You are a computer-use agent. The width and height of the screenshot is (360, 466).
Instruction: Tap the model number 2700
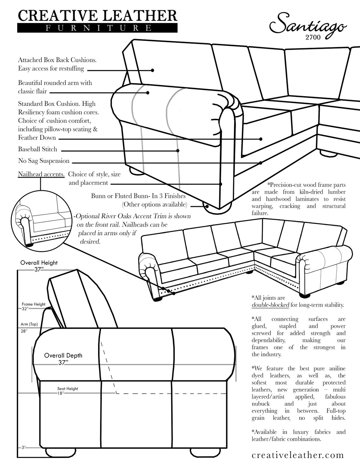pyautogui.click(x=313, y=38)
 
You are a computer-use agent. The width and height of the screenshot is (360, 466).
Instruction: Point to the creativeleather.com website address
pyautogui.click(x=298, y=455)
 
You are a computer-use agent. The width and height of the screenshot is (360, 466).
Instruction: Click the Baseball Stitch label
pyautogui.click(x=37, y=149)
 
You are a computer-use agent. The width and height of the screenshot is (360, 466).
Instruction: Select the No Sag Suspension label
pyautogui.click(x=44, y=161)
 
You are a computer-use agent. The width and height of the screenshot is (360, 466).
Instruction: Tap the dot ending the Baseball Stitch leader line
pyautogui.click(x=178, y=151)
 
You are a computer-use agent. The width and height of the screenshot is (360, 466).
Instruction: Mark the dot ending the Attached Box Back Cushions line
pyautogui.click(x=152, y=70)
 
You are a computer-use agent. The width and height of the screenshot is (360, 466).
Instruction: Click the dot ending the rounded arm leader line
pyautogui.click(x=148, y=93)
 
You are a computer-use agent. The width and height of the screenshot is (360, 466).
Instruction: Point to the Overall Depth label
pyautogui.click(x=63, y=356)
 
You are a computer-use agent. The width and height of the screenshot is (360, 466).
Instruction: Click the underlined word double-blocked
pyautogui.click(x=270, y=305)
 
